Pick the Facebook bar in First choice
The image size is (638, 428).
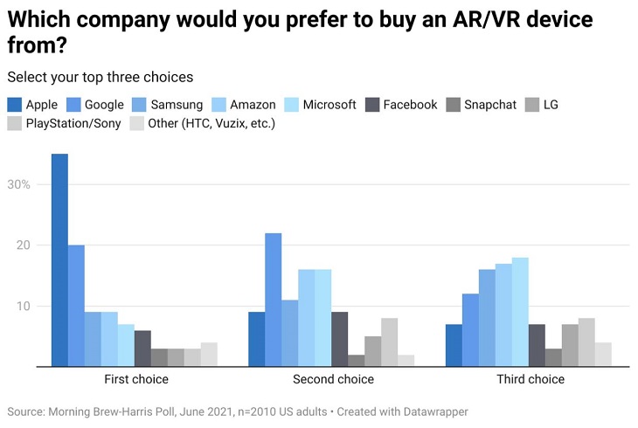142,349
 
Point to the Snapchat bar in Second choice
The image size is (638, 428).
357,361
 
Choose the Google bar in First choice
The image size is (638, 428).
76,306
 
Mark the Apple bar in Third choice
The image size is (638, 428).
454,345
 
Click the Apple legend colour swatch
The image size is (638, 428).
15,105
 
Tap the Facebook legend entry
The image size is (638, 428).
400,105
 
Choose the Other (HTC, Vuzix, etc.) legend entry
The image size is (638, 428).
202,124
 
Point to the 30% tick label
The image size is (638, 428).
19,184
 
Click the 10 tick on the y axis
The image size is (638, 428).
23,307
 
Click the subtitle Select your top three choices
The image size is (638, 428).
100,77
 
